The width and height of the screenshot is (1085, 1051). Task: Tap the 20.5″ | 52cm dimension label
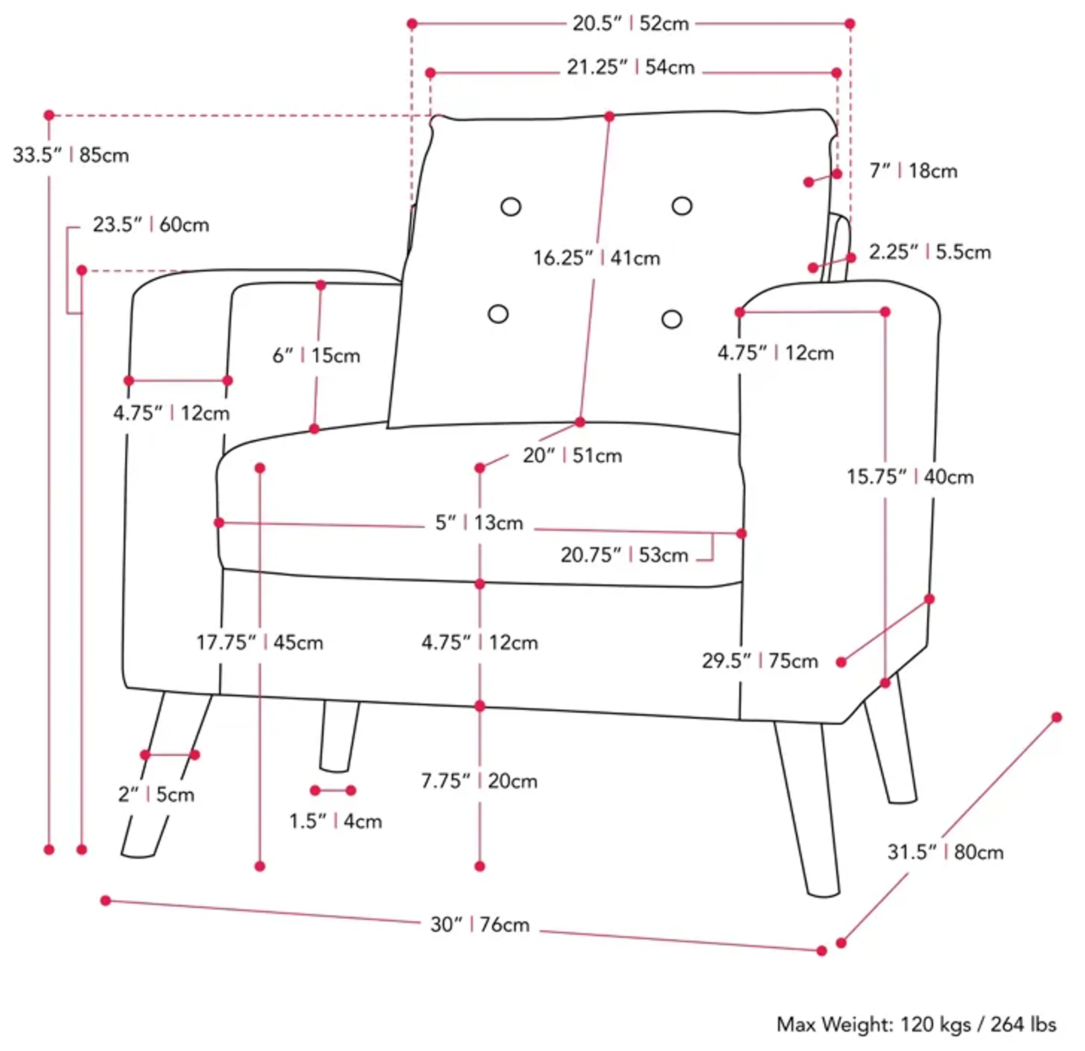(631, 24)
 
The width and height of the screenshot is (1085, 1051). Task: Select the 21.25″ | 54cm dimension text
(631, 68)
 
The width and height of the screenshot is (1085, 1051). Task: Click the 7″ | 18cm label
(913, 171)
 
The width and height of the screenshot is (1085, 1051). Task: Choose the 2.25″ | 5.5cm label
(930, 253)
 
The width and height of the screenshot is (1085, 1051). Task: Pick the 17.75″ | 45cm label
(260, 643)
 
